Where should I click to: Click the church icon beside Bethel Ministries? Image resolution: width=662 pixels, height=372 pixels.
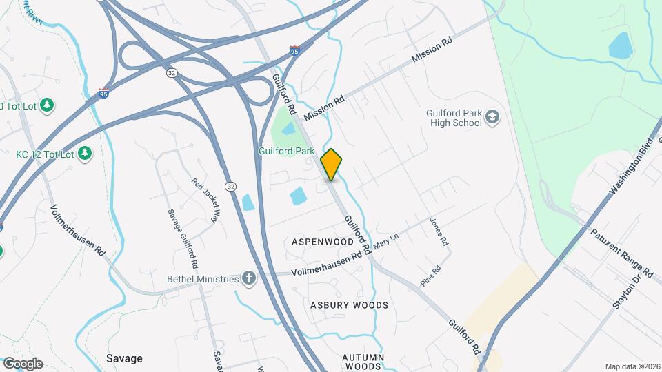pyautogui.click(x=248, y=278)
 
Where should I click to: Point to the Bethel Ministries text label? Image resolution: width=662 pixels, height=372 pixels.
pyautogui.click(x=202, y=279)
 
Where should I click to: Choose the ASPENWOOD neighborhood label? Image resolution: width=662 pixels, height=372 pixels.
pyautogui.click(x=323, y=242)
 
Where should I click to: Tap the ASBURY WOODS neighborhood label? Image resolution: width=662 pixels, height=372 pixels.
pyautogui.click(x=349, y=304)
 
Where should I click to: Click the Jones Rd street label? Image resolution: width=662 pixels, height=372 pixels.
pyautogui.click(x=439, y=233)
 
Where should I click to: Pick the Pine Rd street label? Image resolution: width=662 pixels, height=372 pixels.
pyautogui.click(x=431, y=277)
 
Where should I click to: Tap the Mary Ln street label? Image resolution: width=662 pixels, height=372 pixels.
pyautogui.click(x=386, y=242)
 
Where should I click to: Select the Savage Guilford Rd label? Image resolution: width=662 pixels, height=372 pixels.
pyautogui.click(x=183, y=239)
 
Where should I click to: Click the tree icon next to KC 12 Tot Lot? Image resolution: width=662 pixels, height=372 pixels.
pyautogui.click(x=85, y=152)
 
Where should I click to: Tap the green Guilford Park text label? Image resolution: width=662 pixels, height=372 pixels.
pyautogui.click(x=286, y=151)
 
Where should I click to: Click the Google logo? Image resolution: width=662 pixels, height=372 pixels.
pyautogui.click(x=22, y=364)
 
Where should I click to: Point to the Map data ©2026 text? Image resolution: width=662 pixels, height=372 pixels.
pyautogui.click(x=631, y=366)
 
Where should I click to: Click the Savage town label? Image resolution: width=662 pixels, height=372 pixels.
pyautogui.click(x=124, y=358)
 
